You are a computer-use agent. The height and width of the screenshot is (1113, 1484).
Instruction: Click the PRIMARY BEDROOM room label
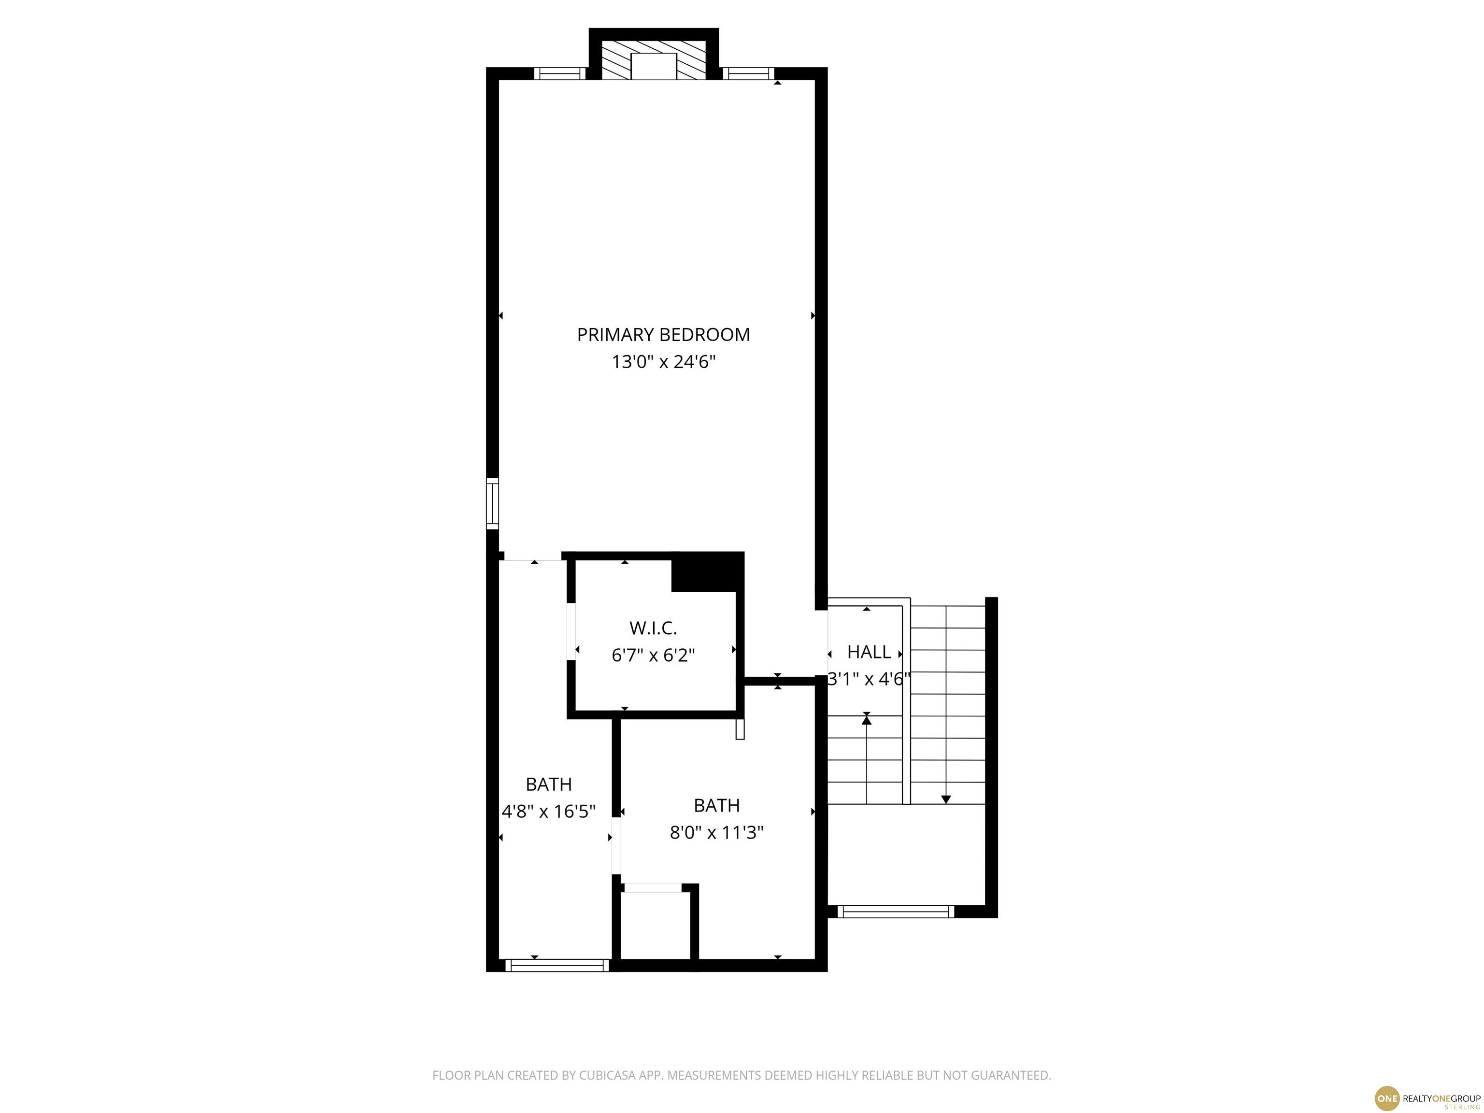click(664, 334)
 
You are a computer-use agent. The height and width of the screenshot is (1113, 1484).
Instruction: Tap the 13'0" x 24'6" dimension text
click(664, 362)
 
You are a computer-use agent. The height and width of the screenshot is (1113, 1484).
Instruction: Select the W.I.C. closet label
click(653, 628)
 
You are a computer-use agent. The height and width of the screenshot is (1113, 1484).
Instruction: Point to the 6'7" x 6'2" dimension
click(653, 656)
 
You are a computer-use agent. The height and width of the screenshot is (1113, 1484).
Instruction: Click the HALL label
click(869, 652)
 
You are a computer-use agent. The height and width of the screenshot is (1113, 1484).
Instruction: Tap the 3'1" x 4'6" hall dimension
click(869, 680)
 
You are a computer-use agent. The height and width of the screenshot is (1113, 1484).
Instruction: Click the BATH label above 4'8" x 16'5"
click(549, 784)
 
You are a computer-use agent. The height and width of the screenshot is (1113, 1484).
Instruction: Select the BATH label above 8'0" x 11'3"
click(716, 805)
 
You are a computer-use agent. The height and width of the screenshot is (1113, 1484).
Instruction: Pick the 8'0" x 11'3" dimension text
click(716, 832)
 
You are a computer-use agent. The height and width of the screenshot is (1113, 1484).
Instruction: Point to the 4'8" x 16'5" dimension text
click(549, 812)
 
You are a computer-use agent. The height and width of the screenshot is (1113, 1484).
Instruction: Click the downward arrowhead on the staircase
click(946, 799)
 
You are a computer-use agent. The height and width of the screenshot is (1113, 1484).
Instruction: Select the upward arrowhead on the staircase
click(867, 720)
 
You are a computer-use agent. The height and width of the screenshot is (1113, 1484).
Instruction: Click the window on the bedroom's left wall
click(492, 503)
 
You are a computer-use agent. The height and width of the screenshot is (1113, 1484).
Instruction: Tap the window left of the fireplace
click(560, 74)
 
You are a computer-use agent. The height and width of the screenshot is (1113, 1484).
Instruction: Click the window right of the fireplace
click(748, 74)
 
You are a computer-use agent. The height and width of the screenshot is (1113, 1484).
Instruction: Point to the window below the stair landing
click(896, 912)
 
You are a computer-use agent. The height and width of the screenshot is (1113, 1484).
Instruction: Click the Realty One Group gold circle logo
click(1387, 1098)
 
